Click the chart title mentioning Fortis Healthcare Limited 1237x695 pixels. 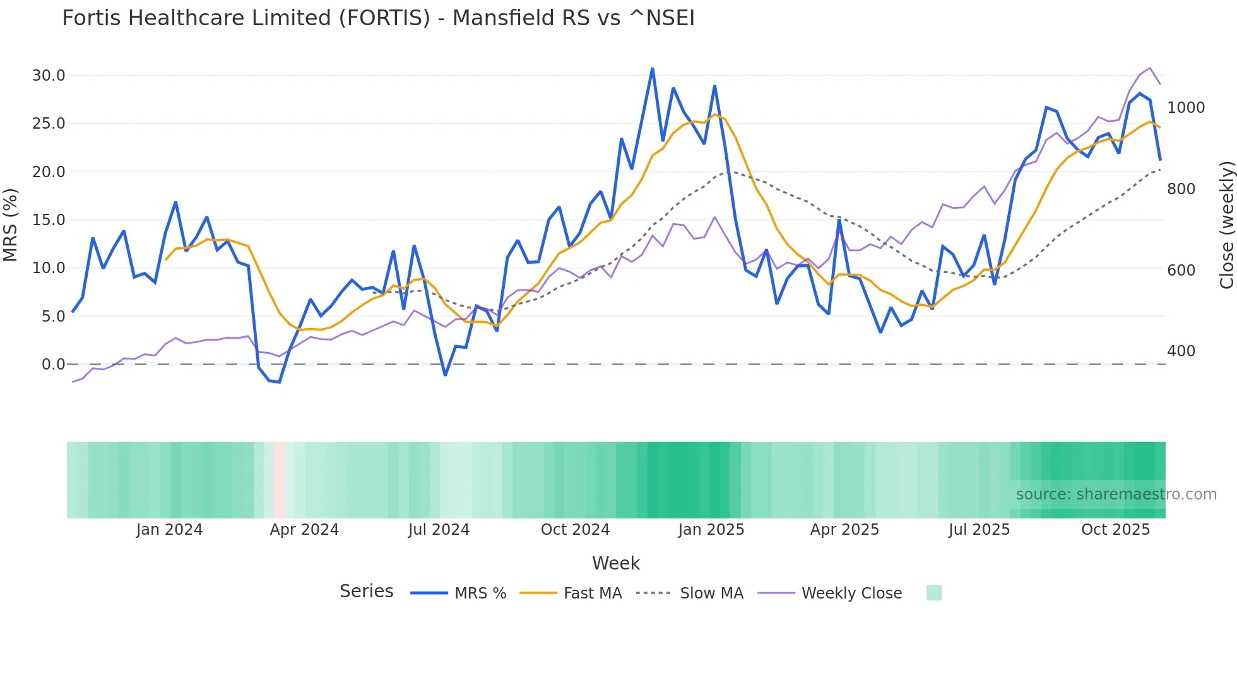coord(378,18)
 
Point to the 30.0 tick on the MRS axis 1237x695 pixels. coord(49,76)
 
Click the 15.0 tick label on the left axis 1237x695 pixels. coord(49,220)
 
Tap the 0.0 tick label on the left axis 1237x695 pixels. coord(53,365)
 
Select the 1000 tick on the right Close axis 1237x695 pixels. coord(1185,108)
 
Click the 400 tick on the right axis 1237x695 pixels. coord(1181,351)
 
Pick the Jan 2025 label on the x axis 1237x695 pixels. coord(711,530)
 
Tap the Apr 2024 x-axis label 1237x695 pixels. coord(304,530)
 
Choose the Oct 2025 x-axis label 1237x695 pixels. coord(1115,530)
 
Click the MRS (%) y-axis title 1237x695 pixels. coord(11,225)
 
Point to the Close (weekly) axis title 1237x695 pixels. coord(1226,225)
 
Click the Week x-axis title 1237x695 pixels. coord(615,563)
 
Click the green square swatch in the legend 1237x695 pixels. coord(933,593)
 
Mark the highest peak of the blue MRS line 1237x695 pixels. coord(652,69)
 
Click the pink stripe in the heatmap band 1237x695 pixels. coord(279,480)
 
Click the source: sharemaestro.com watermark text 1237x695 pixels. coord(1116,494)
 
